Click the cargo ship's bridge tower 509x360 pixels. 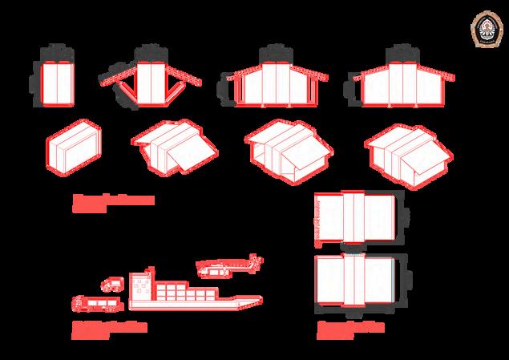click(142, 285)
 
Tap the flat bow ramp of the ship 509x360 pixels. click(245, 301)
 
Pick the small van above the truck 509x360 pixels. click(111, 284)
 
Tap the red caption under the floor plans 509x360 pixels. click(349, 328)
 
